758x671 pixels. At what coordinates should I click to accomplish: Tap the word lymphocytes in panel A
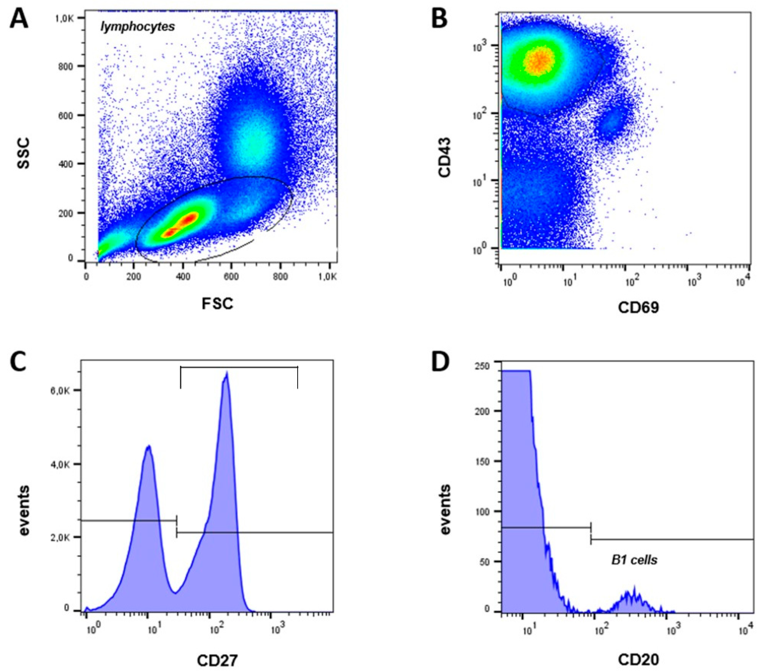[x=138, y=27]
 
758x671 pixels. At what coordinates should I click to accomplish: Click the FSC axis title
[x=217, y=304]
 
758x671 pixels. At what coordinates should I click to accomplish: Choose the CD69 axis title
[x=639, y=307]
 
